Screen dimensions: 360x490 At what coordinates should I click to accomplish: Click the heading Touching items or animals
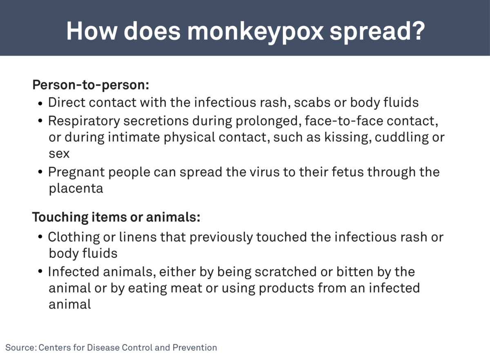click(x=116, y=217)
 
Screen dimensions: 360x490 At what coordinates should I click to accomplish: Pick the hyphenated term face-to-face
click(x=343, y=121)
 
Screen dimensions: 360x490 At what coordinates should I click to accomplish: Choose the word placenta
click(x=76, y=189)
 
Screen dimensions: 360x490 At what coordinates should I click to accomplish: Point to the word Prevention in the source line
click(x=195, y=348)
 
